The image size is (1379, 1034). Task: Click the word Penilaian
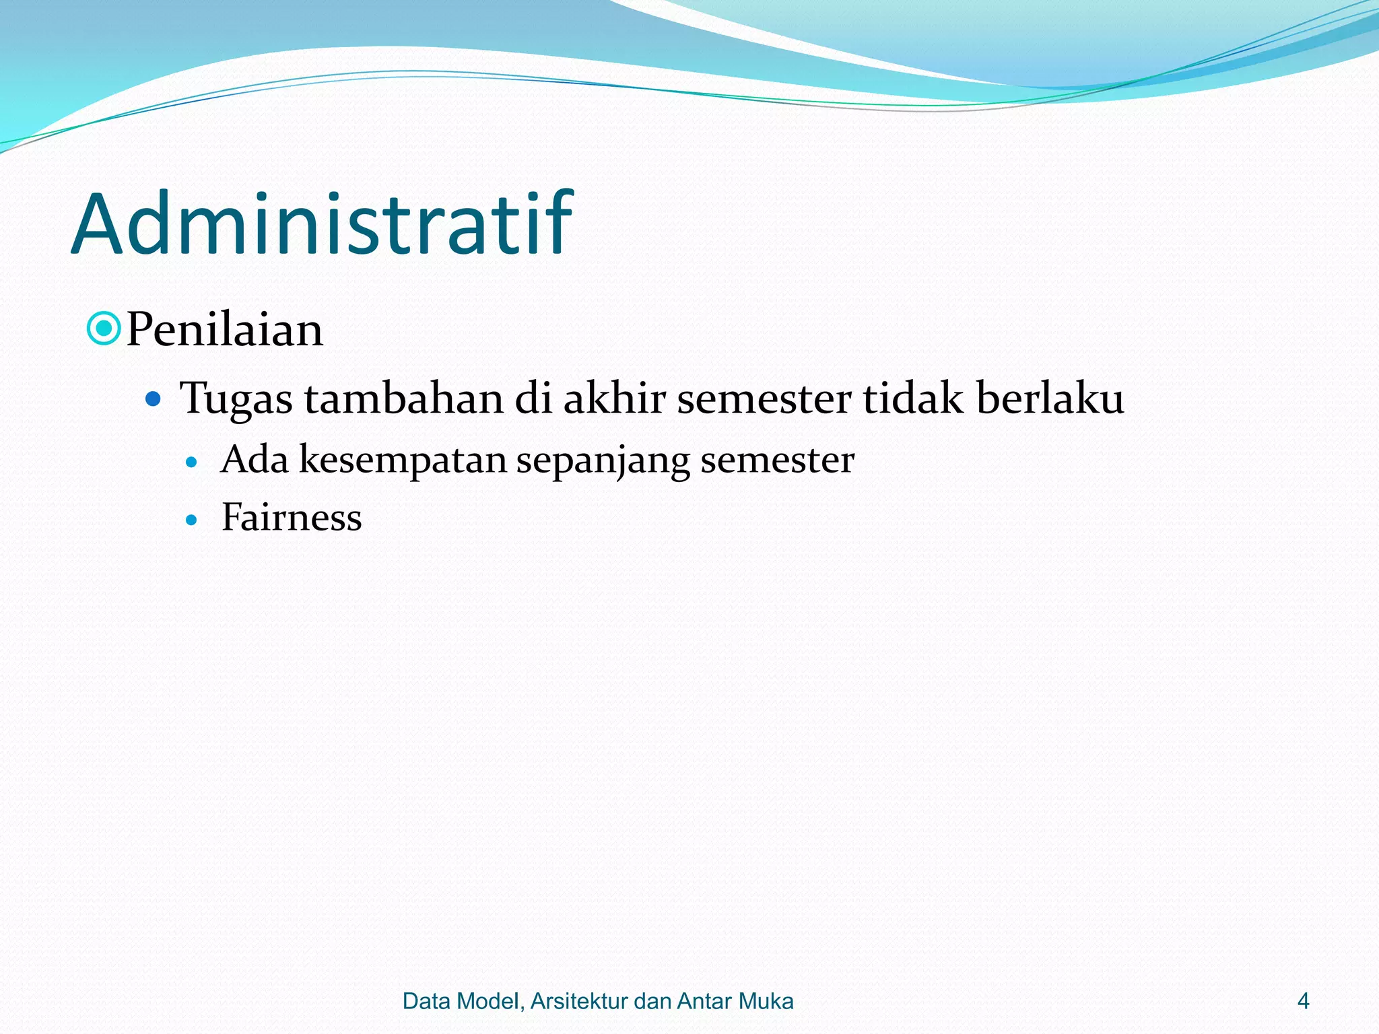(x=224, y=330)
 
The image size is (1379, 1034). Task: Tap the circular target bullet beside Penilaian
(x=104, y=329)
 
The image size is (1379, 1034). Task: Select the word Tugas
(x=236, y=399)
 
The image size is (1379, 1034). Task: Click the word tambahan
(x=403, y=399)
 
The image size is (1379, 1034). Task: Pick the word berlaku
(x=1050, y=399)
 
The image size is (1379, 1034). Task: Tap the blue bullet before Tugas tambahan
(x=154, y=399)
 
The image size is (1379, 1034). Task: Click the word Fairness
(x=292, y=518)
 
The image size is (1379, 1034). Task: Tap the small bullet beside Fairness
(x=192, y=520)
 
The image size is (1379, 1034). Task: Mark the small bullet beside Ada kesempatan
(x=192, y=462)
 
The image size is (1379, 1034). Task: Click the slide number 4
(x=1303, y=1001)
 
